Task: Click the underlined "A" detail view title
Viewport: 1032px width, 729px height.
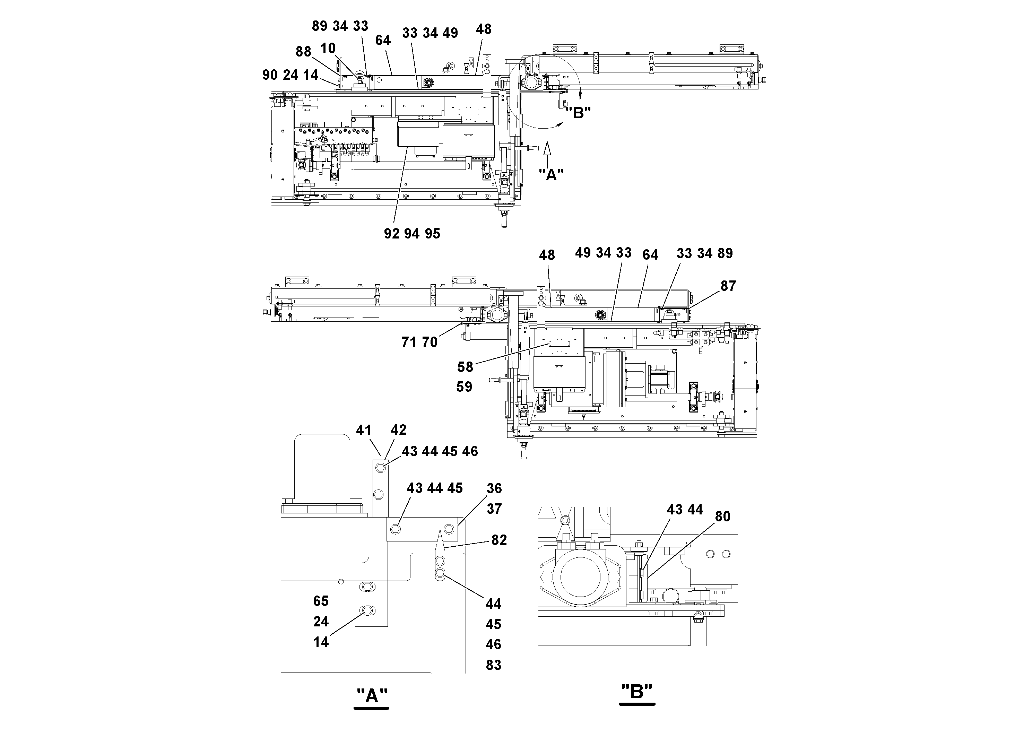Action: [x=372, y=696]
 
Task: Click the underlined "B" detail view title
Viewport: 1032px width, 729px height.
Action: [x=636, y=692]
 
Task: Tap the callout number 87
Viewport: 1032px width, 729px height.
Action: [x=728, y=286]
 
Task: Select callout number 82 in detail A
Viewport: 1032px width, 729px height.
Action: [x=499, y=540]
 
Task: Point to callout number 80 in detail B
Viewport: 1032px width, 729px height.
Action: [x=722, y=517]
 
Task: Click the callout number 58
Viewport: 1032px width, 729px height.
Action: [x=465, y=367]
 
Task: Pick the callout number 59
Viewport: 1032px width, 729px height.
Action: [x=464, y=387]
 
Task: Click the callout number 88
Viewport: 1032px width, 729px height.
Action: [x=303, y=52]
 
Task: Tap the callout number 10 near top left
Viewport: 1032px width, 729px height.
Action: [x=328, y=49]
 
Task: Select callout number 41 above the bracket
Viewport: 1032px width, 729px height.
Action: [x=364, y=431]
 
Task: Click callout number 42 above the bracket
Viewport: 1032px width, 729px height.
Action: [x=398, y=430]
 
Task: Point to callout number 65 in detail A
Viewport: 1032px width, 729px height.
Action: [x=321, y=601]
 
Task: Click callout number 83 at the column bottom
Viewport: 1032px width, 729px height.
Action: [x=493, y=665]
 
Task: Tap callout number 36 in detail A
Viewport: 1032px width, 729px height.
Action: [x=494, y=488]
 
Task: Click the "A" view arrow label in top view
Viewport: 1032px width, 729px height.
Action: [x=551, y=174]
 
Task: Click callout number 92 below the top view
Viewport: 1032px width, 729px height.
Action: [x=391, y=234]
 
